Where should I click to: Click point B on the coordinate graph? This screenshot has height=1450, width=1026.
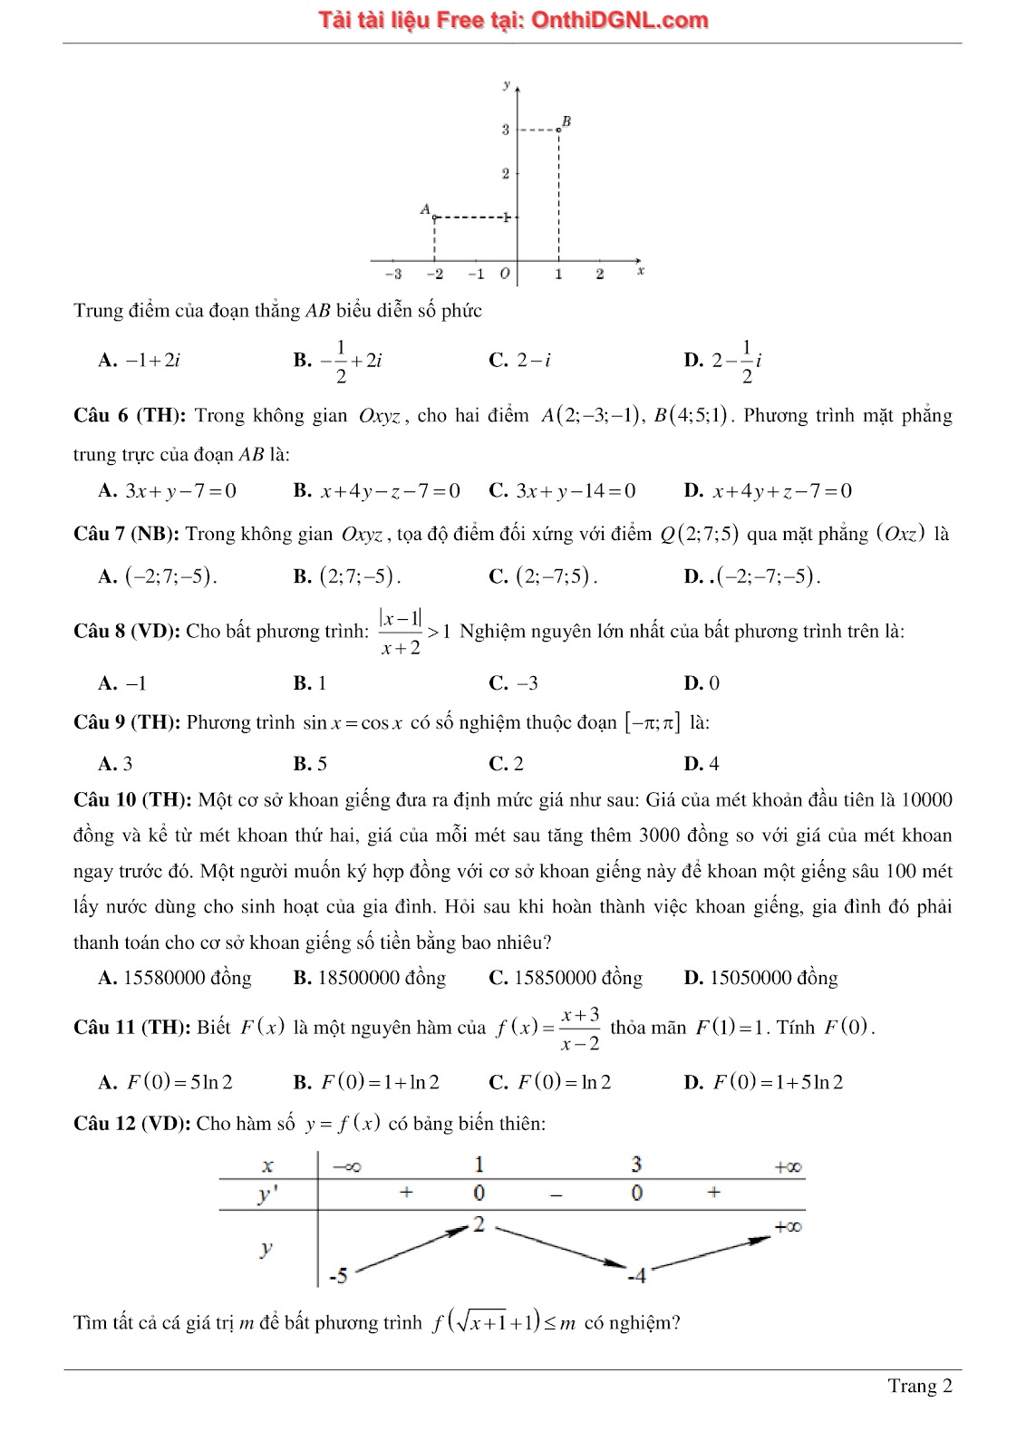pos(559,130)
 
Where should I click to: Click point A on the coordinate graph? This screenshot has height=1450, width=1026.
pos(434,217)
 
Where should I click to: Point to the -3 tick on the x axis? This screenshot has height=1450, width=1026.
pos(393,274)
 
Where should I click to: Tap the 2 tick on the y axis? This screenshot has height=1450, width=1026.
pos(506,173)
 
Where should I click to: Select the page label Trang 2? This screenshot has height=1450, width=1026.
pos(919,1386)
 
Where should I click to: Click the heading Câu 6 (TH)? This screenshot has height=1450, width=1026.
pos(130,416)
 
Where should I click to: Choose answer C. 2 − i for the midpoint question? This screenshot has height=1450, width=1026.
pos(520,361)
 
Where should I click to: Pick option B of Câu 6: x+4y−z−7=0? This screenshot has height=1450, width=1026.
pos(377,491)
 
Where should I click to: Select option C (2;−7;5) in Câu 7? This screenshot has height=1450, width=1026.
pos(543,576)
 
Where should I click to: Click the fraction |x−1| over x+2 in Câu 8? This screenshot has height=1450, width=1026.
pos(401,632)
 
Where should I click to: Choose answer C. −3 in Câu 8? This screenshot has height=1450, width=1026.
pos(514,683)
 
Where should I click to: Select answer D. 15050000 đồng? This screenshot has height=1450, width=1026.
pos(760,978)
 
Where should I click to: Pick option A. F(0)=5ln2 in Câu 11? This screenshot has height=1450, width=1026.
pos(166,1082)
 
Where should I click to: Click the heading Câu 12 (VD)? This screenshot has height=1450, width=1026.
pos(132,1124)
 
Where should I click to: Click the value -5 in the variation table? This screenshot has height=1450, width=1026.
pos(338,1276)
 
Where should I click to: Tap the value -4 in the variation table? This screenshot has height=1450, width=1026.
pos(637,1276)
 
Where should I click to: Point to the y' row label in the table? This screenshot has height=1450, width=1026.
pos(266,1194)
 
